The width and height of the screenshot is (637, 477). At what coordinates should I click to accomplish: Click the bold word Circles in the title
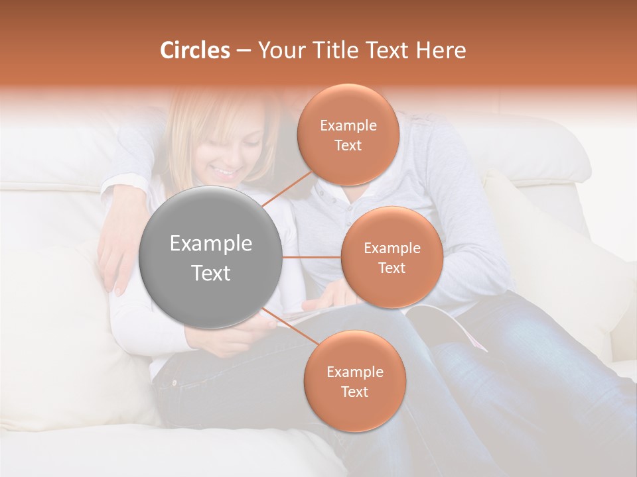coord(195,50)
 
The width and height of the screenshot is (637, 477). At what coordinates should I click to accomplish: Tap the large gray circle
coord(211,258)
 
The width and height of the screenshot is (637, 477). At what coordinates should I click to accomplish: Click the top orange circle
coord(347,135)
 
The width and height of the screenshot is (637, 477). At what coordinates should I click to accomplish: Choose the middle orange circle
coord(391,258)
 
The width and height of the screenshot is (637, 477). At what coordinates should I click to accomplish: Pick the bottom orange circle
coord(354,381)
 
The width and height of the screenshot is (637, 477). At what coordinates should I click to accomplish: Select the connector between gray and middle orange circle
coord(312,257)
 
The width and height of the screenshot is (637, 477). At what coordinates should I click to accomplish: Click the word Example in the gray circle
coord(211,244)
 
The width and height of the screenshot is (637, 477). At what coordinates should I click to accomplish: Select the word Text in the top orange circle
coord(348,146)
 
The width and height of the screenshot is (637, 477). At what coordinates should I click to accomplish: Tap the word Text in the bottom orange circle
coord(354,392)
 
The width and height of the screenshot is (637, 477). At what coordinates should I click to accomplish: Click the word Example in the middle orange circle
coord(391,248)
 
